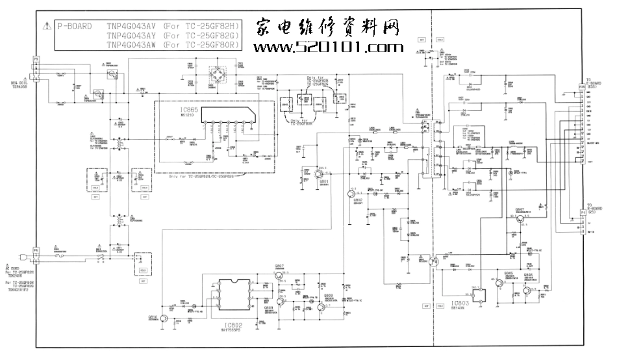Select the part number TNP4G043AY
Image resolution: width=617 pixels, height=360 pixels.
coord(131,36)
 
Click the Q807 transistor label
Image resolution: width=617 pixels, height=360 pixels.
coord(279,266)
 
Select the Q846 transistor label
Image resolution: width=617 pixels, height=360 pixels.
coord(529,275)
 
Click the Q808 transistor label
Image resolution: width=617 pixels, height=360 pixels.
coord(329,295)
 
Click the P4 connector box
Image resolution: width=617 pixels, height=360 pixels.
coord(36,250)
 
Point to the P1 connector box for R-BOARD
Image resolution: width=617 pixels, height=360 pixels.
coord(583,212)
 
